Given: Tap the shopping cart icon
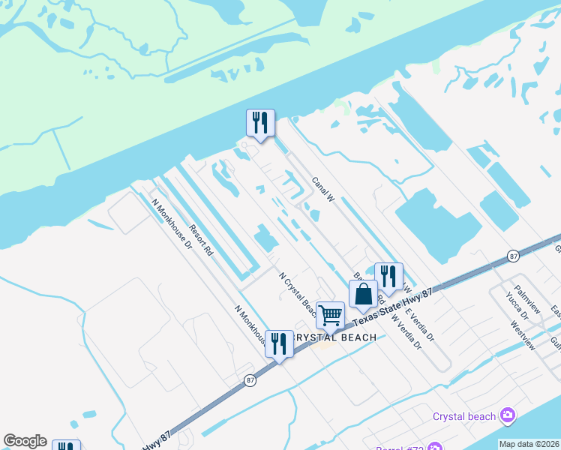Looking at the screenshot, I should [330, 315].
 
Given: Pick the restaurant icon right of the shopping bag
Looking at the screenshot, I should [388, 277].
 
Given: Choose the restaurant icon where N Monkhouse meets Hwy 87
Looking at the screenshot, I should [279, 345].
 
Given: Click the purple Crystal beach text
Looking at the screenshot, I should [464, 416].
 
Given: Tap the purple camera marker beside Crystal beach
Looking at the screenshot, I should [508, 415].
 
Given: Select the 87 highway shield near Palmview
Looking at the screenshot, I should [512, 255].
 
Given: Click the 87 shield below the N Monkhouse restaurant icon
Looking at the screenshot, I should [250, 380].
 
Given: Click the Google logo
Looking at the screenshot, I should [25, 441].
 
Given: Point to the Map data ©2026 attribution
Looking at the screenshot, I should [529, 444].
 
